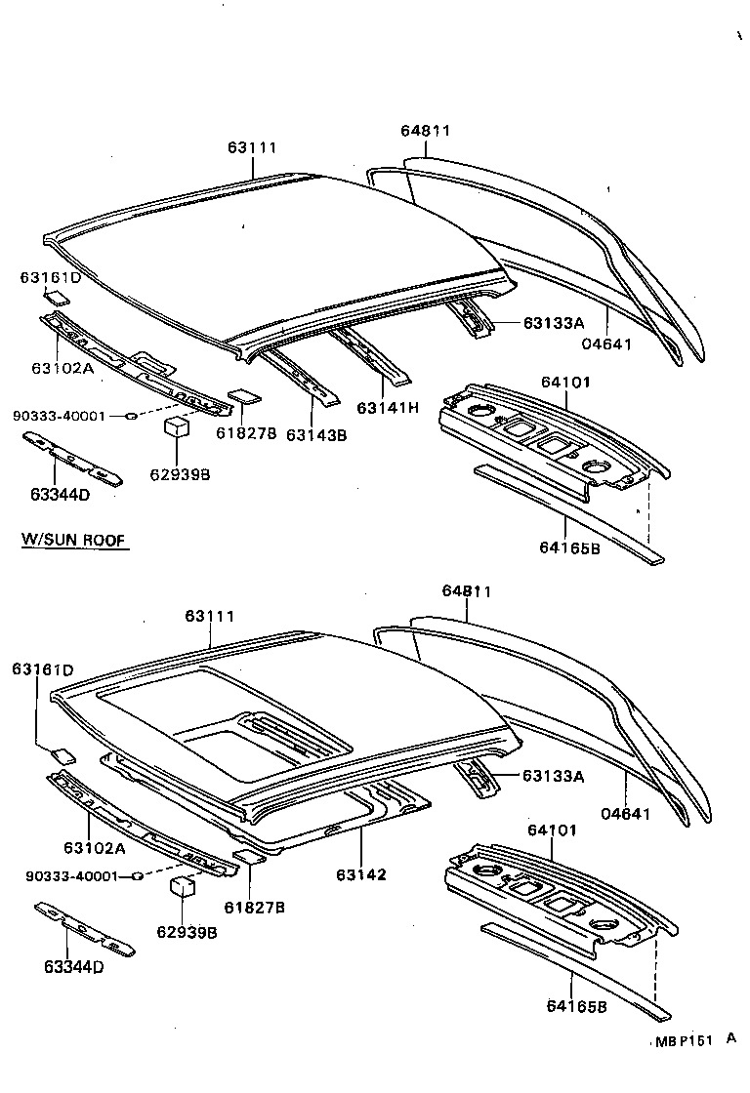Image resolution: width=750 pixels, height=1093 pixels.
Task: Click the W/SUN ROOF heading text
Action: pos(75,540)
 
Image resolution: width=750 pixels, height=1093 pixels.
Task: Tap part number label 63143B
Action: pos(315,435)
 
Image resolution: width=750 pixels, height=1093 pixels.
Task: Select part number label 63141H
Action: pos(387,407)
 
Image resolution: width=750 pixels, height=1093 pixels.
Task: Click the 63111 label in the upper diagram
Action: pos(253,147)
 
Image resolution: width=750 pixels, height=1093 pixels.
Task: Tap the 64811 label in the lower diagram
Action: pos(466,591)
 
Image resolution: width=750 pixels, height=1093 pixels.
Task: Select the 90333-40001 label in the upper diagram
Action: pos(59,416)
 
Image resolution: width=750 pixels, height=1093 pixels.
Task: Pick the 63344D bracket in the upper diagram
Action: pos(74,457)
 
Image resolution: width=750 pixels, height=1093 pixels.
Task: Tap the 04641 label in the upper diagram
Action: pos(608,344)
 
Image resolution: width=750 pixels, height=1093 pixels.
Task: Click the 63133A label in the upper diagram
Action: pos(553,323)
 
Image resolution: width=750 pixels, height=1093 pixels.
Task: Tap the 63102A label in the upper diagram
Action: pos(62,368)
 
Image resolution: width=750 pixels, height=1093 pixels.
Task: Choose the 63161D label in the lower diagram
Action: pos(42,669)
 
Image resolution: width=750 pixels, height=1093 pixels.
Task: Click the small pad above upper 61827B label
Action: pos(242,397)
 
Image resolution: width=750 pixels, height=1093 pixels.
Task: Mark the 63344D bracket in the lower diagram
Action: pos(85,929)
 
